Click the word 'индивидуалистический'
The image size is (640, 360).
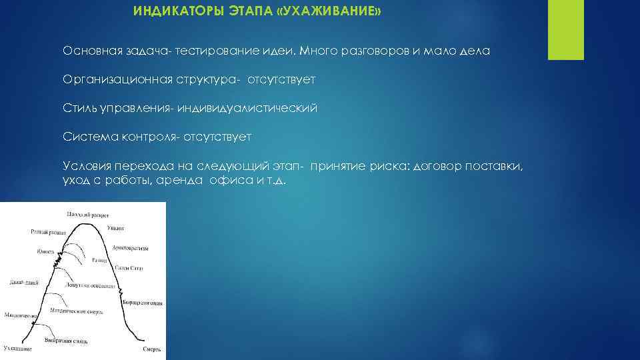point(261,108)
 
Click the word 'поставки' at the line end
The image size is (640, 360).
point(502,165)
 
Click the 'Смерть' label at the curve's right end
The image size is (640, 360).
point(151,347)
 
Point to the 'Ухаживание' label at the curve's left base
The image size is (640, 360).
point(18,348)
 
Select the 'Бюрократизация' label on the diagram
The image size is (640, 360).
point(143,303)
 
